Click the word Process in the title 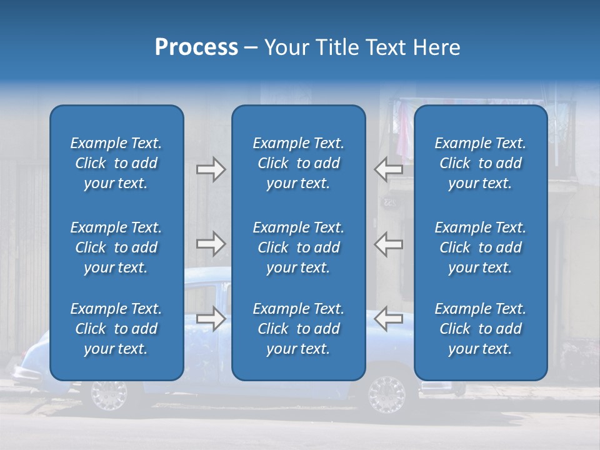(196, 47)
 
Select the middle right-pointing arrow (211, 244)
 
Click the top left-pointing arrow (388, 169)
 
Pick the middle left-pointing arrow (388, 244)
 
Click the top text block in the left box (116, 163)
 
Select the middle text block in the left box (116, 247)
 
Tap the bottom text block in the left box (116, 329)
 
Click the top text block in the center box (298, 163)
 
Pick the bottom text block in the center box (298, 329)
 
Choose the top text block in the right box (480, 163)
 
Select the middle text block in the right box (480, 247)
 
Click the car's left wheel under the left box (108, 394)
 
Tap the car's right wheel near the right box (387, 394)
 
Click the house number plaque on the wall (390, 202)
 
